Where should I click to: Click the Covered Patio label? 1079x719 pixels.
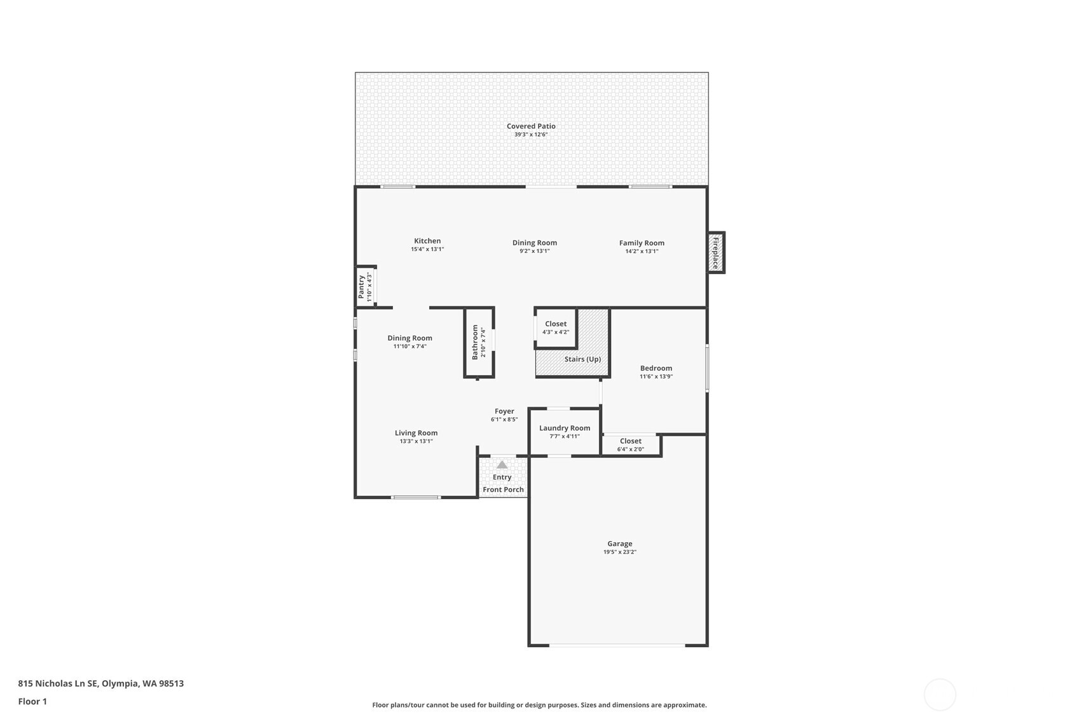coord(531,126)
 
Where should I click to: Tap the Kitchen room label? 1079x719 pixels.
coord(427,241)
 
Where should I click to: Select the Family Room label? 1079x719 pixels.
coord(642,243)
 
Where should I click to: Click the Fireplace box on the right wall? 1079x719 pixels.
coord(716,252)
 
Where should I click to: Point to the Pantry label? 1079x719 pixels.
coord(361,286)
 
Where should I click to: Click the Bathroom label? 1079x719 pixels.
coord(475,342)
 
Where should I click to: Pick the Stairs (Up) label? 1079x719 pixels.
coord(582,359)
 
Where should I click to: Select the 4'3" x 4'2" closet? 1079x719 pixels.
coord(556,327)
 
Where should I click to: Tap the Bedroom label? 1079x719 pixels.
coord(656,368)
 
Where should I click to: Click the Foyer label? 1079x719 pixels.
coord(504,411)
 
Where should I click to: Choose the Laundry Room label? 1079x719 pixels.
coord(565,428)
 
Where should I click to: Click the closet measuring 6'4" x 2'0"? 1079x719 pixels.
coord(631,444)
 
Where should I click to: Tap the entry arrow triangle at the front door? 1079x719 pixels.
coord(502,465)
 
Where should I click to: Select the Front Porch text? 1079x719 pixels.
coord(503,490)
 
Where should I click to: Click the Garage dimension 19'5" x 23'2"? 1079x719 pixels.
coord(619,552)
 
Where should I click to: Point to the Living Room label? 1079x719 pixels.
coord(416,433)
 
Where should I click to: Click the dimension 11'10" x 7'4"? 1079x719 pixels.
coord(409,346)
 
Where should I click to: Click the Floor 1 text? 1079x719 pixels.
coord(32,701)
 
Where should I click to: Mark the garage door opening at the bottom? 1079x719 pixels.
coord(617,645)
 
